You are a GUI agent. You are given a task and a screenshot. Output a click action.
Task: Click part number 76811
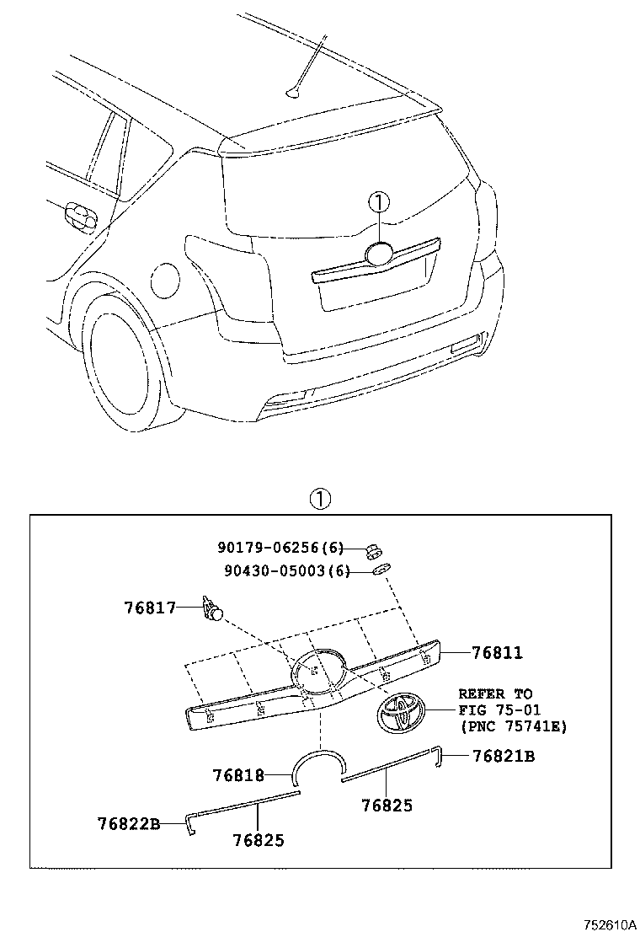pyautogui.click(x=497, y=653)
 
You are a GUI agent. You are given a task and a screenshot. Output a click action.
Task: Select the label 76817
pyautogui.click(x=151, y=606)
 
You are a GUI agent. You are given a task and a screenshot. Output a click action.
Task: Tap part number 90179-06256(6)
pyautogui.click(x=283, y=548)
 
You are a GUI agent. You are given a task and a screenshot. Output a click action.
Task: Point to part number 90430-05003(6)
pyautogui.click(x=286, y=570)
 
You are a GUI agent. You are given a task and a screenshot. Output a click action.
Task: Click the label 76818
pyautogui.click(x=239, y=774)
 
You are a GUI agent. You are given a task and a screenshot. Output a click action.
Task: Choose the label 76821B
pyautogui.click(x=503, y=757)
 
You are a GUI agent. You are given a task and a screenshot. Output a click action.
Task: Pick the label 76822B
pyautogui.click(x=128, y=823)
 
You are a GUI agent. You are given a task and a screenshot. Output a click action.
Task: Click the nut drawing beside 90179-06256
pyautogui.click(x=371, y=551)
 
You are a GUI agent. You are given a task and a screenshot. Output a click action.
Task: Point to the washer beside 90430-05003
pyautogui.click(x=381, y=570)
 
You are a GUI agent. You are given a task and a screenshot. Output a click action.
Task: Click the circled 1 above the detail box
pyautogui.click(x=320, y=499)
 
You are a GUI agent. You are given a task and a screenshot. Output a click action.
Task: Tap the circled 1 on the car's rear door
pyautogui.click(x=379, y=203)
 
